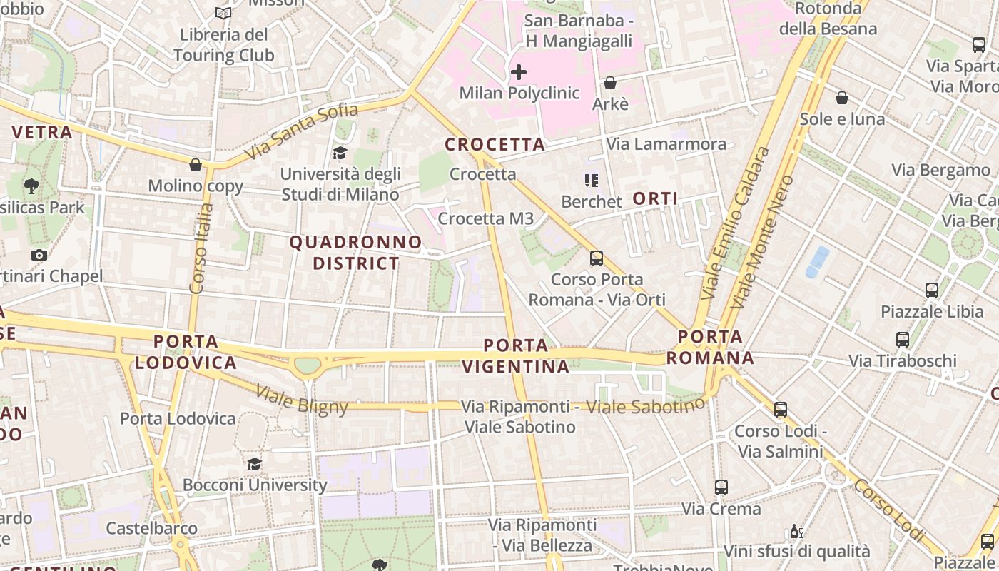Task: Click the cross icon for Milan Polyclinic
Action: pyautogui.click(x=519, y=72)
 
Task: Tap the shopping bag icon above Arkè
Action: pyautogui.click(x=610, y=84)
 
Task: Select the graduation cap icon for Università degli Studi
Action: pyautogui.click(x=340, y=153)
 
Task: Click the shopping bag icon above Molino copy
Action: pyautogui.click(x=196, y=166)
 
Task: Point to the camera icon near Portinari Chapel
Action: pyautogui.click(x=39, y=255)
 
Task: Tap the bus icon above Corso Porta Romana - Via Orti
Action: pyautogui.click(x=597, y=258)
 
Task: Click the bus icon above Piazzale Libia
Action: pyautogui.click(x=932, y=290)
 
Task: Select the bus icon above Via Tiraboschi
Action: pyautogui.click(x=903, y=340)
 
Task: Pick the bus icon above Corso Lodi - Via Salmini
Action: pyautogui.click(x=781, y=410)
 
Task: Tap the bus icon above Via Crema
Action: pyautogui.click(x=721, y=487)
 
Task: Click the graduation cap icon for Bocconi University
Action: pyautogui.click(x=254, y=465)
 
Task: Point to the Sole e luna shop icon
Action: pyautogui.click(x=842, y=98)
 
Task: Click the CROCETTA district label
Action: pyautogui.click(x=495, y=145)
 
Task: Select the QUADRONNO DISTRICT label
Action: pyautogui.click(x=356, y=253)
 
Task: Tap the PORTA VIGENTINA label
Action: pyautogui.click(x=516, y=356)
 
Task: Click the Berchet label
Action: pyautogui.click(x=592, y=202)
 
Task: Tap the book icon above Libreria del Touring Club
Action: pyautogui.click(x=223, y=13)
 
